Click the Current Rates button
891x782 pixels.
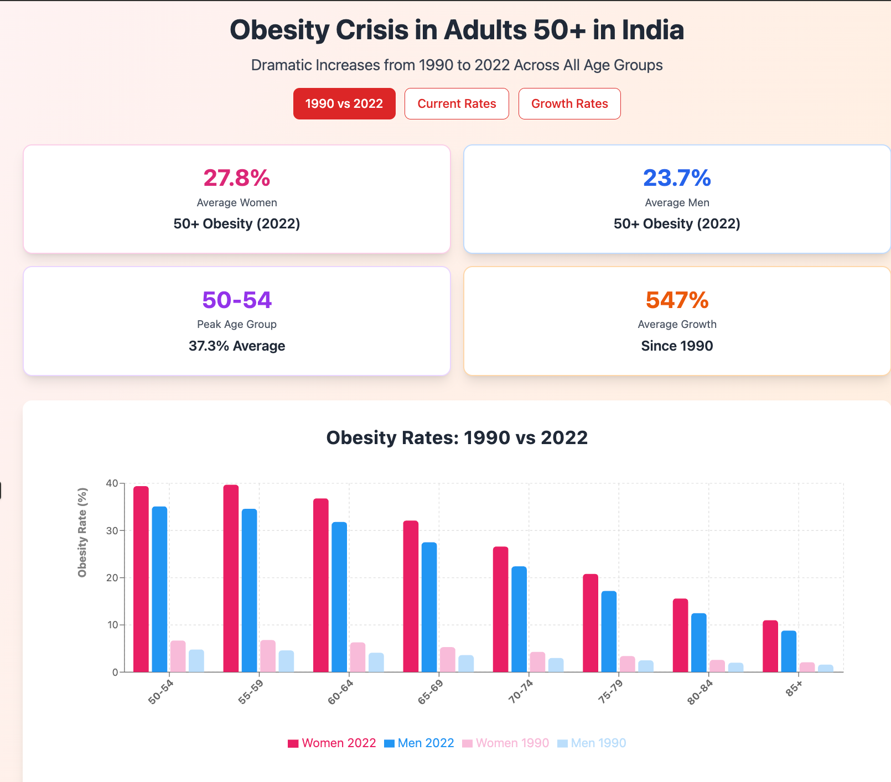(457, 103)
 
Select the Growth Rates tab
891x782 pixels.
(569, 103)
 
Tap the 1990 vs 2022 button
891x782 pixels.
(344, 103)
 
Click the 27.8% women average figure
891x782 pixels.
(237, 178)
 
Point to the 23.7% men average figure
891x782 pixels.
(677, 178)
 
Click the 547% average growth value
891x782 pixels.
(677, 300)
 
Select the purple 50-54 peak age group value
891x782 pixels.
(237, 300)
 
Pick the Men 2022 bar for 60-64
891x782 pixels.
(339, 597)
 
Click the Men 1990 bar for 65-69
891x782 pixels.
(466, 664)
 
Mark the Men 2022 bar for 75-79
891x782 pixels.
(609, 632)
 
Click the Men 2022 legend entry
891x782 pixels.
(419, 743)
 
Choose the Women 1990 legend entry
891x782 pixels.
(506, 743)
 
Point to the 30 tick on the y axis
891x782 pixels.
(112, 531)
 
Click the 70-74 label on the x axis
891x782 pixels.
(520, 692)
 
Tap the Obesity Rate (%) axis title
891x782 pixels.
(82, 532)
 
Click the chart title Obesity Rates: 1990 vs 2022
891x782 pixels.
(457, 437)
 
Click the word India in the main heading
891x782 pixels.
(653, 30)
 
